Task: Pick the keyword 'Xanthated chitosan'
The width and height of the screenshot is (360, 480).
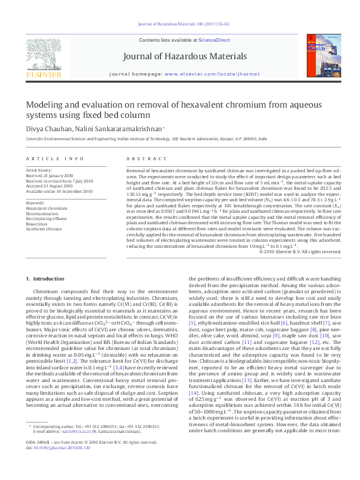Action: (44, 229)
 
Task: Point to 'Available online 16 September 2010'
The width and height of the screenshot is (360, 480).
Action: (59, 191)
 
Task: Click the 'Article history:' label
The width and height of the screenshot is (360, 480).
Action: (39, 171)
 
